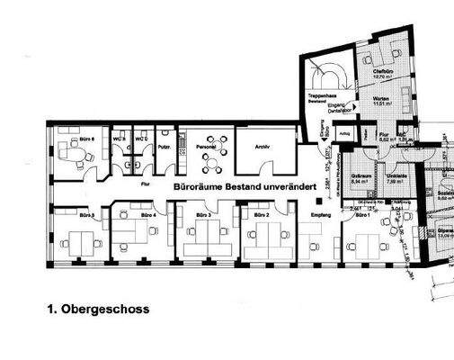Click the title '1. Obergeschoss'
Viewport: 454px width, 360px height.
click(x=98, y=309)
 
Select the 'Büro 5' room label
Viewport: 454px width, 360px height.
click(x=87, y=217)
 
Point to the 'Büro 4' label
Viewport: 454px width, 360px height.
click(x=147, y=216)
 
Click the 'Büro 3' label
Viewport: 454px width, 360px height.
click(x=203, y=216)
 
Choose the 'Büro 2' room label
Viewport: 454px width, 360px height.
click(x=260, y=216)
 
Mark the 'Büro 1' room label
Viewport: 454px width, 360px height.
click(x=362, y=216)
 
